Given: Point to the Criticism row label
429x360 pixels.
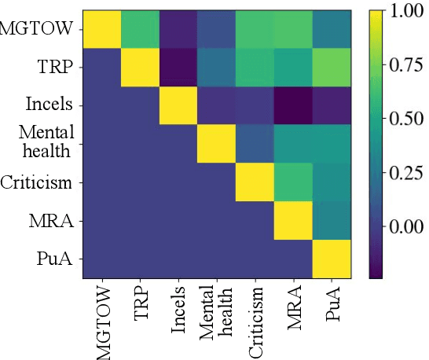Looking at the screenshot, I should [38, 183].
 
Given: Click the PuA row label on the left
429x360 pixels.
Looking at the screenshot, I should [56, 259].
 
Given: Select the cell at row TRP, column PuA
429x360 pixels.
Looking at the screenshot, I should [332, 68].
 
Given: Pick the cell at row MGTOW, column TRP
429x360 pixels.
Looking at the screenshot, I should [141, 30].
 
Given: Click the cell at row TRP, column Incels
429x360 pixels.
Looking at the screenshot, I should [179, 68].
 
